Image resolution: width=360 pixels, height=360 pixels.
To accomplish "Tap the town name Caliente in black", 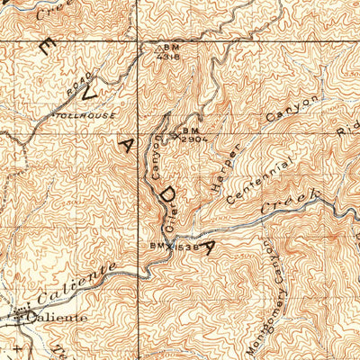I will (x=57, y=318).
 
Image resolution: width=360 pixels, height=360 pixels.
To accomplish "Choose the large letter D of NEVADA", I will (x=165, y=191).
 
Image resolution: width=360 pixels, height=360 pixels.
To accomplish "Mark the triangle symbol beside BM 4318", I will (x=159, y=48).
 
